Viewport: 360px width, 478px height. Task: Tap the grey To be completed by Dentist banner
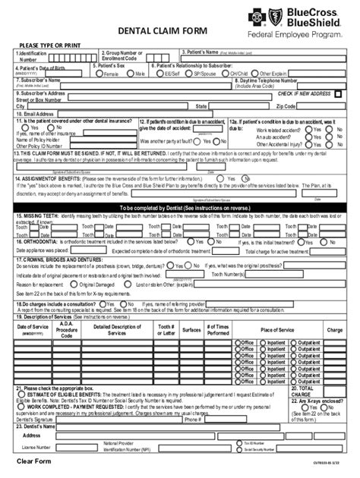[x=179, y=207]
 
